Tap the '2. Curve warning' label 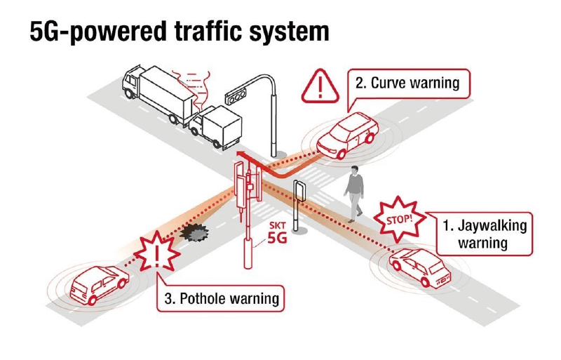(407, 84)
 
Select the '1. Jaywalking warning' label (483, 234)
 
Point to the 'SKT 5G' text (278, 233)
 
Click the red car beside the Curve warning (347, 136)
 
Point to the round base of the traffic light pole (278, 152)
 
